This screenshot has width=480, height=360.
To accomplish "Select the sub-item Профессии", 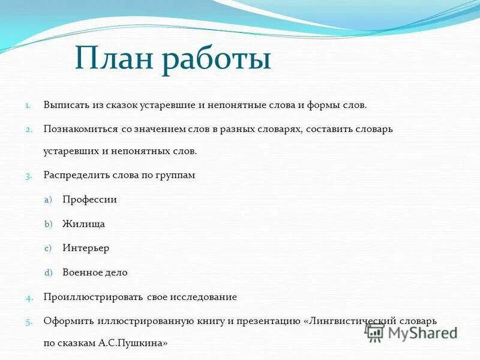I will click(89, 200).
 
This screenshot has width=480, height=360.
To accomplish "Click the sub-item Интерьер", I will click(86, 248).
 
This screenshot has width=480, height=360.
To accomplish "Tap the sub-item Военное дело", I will click(95, 272).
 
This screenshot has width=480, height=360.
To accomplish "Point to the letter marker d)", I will click(49, 272).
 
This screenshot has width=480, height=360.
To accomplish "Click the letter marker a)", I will click(49, 200).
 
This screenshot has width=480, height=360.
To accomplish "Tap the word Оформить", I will click(64, 321).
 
